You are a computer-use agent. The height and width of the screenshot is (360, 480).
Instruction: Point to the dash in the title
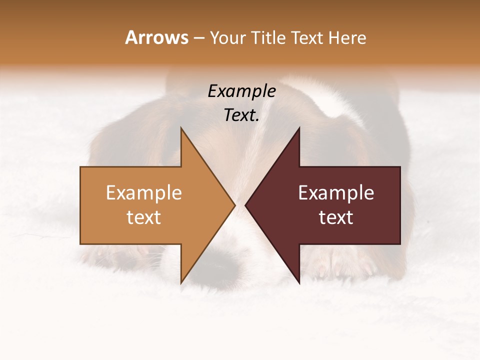[198, 38]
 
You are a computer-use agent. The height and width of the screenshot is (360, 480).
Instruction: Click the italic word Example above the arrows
[241, 91]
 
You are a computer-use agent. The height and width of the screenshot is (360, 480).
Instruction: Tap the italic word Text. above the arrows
[241, 115]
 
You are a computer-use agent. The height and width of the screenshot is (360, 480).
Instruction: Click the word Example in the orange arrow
[144, 193]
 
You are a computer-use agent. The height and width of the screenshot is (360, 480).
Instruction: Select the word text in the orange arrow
[144, 217]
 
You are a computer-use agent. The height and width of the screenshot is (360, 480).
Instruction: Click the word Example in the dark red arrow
[336, 193]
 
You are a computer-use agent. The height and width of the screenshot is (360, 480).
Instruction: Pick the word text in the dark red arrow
[336, 217]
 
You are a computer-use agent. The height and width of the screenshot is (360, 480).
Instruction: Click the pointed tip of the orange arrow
[234, 205]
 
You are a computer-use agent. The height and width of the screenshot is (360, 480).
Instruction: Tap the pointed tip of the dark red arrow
[246, 205]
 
